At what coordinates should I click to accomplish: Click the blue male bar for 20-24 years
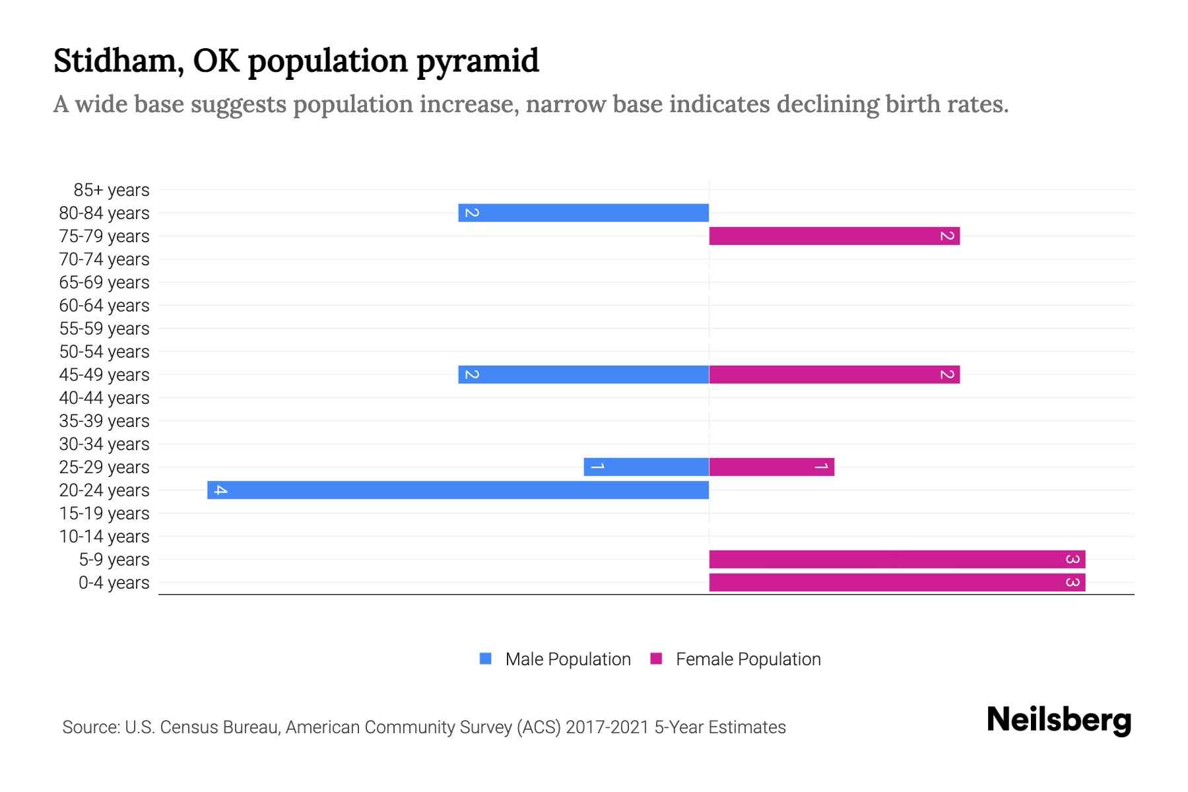(x=458, y=490)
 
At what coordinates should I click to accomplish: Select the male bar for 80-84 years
(x=583, y=213)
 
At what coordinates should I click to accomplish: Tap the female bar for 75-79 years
(x=834, y=236)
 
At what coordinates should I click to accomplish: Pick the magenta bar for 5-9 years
(x=897, y=559)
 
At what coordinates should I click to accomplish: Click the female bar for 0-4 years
(x=897, y=582)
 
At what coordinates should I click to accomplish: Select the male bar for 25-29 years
(x=646, y=467)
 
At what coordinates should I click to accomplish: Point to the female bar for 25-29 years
(x=772, y=467)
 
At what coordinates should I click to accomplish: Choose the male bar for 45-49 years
(x=583, y=374)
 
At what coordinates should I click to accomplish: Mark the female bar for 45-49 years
(x=834, y=374)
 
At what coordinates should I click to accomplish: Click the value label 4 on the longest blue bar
(x=220, y=490)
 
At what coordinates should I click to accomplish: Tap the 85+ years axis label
(x=111, y=190)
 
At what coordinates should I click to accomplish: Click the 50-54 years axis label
(x=104, y=352)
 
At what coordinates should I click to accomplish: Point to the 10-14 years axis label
(x=104, y=537)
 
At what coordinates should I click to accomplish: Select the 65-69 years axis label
(x=104, y=282)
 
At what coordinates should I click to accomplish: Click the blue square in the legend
(x=486, y=659)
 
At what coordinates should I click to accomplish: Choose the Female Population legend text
(x=748, y=659)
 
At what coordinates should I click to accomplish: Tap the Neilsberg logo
(x=1059, y=721)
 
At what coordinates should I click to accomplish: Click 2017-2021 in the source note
(x=607, y=727)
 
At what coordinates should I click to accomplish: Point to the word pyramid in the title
(x=478, y=61)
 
